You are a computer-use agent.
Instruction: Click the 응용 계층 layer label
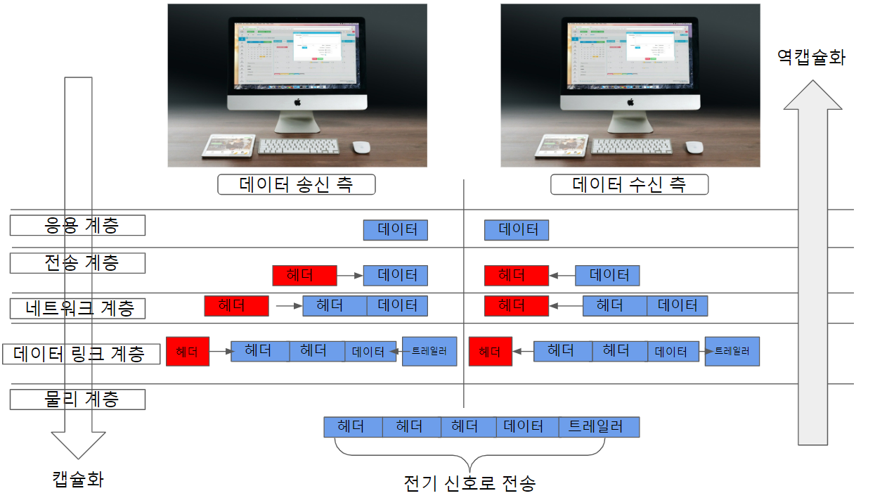tap(77, 225)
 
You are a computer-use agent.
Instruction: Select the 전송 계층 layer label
tap(77, 263)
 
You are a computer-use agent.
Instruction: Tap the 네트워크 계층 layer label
tap(77, 308)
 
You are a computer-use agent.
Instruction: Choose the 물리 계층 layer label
tap(77, 399)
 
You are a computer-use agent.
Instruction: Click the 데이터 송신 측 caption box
tap(296, 185)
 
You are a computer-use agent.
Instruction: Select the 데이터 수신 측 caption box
tap(629, 185)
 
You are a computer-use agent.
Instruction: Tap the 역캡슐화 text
tap(811, 57)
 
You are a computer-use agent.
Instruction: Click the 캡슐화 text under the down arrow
tap(78, 480)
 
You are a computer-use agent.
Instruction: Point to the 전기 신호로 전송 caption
tap(469, 483)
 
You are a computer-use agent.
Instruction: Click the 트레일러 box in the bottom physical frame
tap(599, 427)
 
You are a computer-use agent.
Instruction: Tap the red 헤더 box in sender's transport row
tap(304, 275)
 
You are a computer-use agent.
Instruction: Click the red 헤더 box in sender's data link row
tap(188, 351)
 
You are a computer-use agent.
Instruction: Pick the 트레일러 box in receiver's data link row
tap(732, 351)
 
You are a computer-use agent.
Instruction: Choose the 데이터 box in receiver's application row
tap(517, 230)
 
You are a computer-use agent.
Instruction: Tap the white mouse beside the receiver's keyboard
tap(694, 147)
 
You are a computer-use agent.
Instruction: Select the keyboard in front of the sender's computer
tap(298, 146)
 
